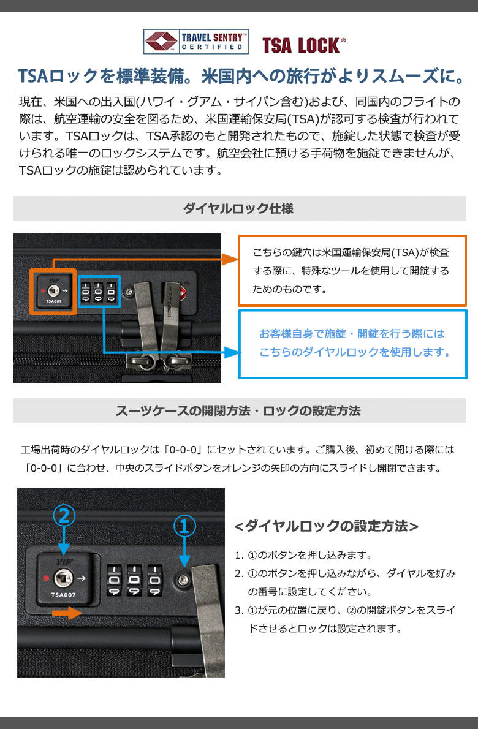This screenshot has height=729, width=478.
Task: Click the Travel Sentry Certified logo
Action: point(195,42)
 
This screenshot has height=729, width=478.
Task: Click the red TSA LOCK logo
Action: point(303,45)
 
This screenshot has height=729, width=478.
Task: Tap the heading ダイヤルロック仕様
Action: point(238,208)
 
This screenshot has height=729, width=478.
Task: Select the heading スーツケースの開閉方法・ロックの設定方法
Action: point(238,410)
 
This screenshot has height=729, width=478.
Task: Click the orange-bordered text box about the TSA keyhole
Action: point(352,271)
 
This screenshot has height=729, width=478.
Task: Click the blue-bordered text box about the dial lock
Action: point(352,344)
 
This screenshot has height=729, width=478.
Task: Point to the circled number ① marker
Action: point(184,526)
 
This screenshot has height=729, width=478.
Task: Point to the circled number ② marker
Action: point(64,516)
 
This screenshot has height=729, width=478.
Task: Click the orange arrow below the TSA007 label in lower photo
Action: point(67,613)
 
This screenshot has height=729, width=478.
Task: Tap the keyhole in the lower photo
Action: point(63,578)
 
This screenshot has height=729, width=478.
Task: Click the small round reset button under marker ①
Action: point(183,580)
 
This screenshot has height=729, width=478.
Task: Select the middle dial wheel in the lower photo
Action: point(134,580)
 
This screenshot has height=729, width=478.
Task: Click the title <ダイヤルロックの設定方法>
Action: point(327,526)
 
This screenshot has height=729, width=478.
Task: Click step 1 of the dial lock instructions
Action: point(303,554)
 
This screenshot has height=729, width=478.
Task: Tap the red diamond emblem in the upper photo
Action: point(183,293)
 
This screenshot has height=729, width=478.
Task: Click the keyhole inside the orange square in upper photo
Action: point(53,291)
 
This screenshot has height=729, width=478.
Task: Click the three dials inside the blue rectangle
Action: point(99,292)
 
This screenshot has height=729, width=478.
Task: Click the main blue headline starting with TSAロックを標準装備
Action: point(241,76)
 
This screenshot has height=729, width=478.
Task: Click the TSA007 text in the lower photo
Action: point(63,595)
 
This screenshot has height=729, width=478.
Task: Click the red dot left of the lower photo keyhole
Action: point(46,578)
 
